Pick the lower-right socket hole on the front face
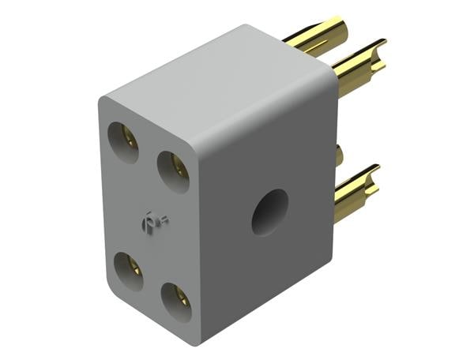175,301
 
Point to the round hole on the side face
269,212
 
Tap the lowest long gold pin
355,190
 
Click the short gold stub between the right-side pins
339,154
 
